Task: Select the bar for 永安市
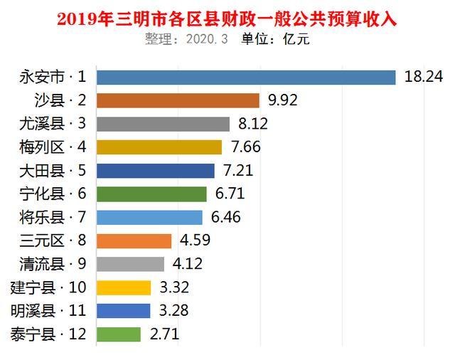click(245, 78)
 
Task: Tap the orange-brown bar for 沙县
click(178, 101)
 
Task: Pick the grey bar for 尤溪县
click(163, 124)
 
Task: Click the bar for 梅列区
click(159, 147)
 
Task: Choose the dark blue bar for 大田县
click(155, 171)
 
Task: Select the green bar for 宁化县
click(151, 194)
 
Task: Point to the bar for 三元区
click(134, 240)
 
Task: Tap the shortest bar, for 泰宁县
click(118, 334)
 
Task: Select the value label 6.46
click(224, 217)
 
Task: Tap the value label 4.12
click(188, 264)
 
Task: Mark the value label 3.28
click(171, 311)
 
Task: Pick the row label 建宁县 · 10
click(48, 287)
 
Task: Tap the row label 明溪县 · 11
click(48, 311)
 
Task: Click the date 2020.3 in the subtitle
click(206, 40)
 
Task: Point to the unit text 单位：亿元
click(277, 40)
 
